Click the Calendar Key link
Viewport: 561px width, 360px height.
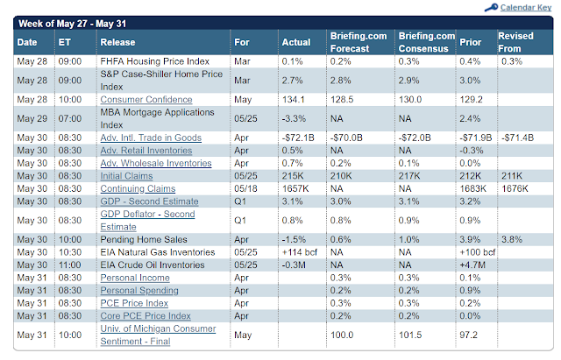523,8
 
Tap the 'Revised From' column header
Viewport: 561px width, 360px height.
515,41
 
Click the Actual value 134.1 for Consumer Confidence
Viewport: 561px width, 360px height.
294,99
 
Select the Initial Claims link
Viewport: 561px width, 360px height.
129,175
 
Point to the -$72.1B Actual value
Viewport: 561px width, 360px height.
298,138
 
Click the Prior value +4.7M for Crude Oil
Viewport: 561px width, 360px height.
473,265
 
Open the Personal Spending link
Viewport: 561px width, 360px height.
138,290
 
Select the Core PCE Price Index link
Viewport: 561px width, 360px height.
145,315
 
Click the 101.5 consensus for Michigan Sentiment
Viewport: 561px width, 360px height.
411,335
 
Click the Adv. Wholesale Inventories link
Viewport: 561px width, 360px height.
152,163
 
